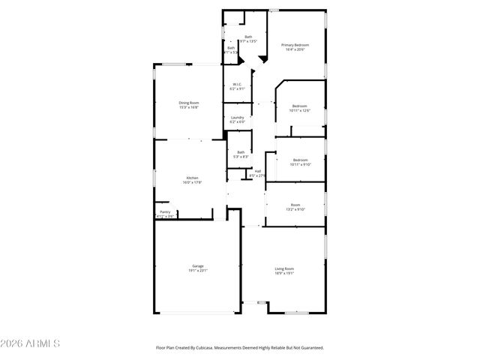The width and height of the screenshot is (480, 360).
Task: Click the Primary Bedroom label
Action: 295,45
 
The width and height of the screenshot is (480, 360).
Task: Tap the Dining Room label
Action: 188,103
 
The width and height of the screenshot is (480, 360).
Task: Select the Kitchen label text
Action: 192,178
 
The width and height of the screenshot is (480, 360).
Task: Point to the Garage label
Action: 198,265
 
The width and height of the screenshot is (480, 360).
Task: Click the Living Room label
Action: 283,268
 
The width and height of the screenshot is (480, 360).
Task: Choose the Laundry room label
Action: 237,117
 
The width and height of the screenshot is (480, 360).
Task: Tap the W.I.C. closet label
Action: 236,84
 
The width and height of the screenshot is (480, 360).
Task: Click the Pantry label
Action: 164,212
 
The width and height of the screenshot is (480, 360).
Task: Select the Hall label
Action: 257,171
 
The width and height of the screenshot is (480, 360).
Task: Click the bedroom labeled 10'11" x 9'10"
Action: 300,164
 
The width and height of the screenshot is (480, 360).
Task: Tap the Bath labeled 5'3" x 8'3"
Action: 240,157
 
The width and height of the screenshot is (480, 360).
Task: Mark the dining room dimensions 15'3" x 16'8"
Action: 188,107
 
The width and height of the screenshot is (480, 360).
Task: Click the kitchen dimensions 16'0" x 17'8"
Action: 192,182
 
